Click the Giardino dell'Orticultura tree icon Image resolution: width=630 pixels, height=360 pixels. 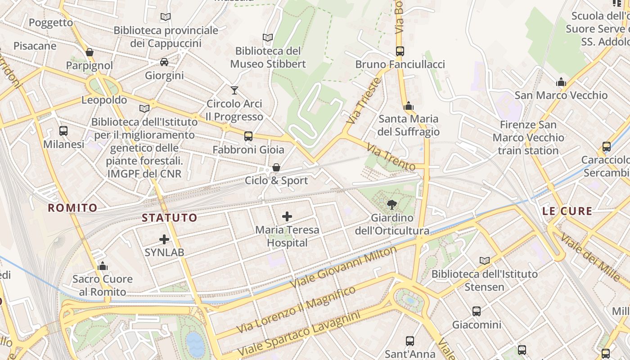point(392,205)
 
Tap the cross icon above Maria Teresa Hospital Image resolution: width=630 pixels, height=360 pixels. point(287,216)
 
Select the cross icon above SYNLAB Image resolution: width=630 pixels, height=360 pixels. point(164,239)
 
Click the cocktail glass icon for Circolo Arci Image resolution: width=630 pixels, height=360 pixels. point(234,90)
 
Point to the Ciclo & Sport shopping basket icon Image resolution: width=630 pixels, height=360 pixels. point(276,167)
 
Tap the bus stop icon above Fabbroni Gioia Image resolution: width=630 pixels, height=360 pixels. point(248,136)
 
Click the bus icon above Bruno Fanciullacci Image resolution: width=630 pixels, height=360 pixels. point(400,51)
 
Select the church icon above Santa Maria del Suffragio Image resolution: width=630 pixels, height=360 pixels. point(409,106)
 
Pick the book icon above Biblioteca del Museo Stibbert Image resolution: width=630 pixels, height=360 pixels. point(268,38)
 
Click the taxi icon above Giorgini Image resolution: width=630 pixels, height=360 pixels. point(164,62)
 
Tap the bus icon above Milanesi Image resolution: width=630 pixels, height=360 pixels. point(63,131)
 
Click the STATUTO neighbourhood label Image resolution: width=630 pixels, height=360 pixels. point(170,218)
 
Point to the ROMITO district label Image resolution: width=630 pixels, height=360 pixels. point(72,207)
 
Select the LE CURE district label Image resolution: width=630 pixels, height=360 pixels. point(567,211)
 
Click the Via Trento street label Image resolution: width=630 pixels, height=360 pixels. point(390,157)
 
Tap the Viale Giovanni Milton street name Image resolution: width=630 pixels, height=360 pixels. point(344,267)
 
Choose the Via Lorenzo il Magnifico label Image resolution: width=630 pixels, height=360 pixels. point(296,310)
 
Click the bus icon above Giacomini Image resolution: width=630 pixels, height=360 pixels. point(476,311)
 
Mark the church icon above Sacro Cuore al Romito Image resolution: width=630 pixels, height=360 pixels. point(103,266)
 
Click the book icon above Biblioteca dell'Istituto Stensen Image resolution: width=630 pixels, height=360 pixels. point(484,261)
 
